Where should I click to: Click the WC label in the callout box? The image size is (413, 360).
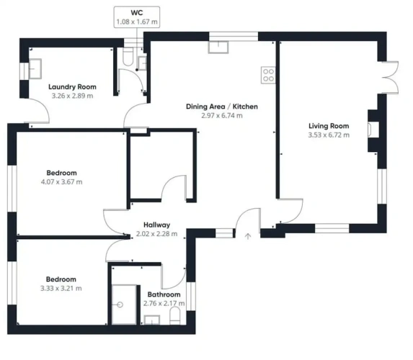137,13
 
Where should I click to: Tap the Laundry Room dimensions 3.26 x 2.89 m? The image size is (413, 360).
72,96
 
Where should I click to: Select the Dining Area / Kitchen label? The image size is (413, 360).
222,107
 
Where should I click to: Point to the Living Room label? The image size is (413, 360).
329,126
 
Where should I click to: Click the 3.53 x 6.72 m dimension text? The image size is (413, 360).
329,135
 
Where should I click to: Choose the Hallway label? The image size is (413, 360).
156,225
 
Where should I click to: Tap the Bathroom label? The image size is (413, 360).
164,294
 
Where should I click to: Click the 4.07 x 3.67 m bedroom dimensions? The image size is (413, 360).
62,182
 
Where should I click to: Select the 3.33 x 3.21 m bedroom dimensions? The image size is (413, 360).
61,289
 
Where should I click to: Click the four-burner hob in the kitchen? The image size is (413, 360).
268,75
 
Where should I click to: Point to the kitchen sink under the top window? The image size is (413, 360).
218,47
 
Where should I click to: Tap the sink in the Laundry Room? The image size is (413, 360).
35,68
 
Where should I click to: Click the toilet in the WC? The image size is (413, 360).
128,57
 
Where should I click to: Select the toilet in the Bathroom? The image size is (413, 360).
174,315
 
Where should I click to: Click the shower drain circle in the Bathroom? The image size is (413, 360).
120,305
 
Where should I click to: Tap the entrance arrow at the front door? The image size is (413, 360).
248,236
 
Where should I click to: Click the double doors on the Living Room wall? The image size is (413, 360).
390,77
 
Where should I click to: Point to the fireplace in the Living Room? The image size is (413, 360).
373,130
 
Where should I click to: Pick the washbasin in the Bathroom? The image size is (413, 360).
151,320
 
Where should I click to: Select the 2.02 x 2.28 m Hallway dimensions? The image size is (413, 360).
156,234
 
